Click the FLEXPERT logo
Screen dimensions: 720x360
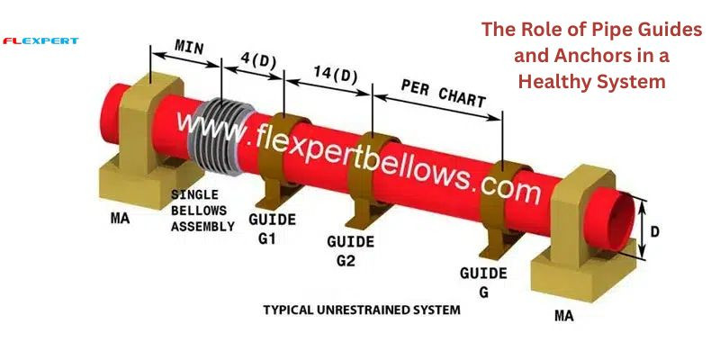coord(40,41)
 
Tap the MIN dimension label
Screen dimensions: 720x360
coord(190,47)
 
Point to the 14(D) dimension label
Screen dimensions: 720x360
coord(336,75)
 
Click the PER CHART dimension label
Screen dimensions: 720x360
coord(443,94)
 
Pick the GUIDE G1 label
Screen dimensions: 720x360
coord(272,229)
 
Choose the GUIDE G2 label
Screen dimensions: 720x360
coord(350,251)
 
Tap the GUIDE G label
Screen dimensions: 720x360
coord(483,283)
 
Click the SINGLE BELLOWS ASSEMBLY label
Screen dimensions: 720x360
coord(202,211)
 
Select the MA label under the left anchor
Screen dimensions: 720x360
coord(121,218)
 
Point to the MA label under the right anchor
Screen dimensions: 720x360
coord(564,316)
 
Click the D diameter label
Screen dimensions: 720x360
coord(655,231)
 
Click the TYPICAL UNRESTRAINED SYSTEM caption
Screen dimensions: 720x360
coord(362,310)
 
